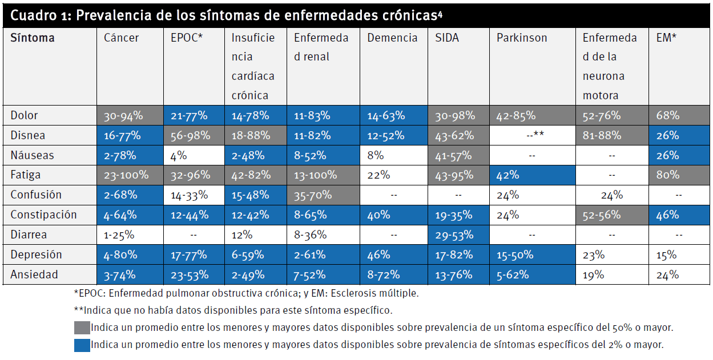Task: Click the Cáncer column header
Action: [x=122, y=38]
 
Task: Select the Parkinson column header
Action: [x=521, y=38]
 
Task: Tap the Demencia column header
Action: [x=392, y=38]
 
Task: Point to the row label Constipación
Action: [x=43, y=215]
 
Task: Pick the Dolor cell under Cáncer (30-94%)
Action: [x=123, y=116]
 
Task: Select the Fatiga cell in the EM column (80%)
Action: [x=667, y=175]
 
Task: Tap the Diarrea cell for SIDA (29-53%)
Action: [x=455, y=235]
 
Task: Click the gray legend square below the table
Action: [x=82, y=328]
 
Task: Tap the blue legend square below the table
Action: [x=82, y=345]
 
